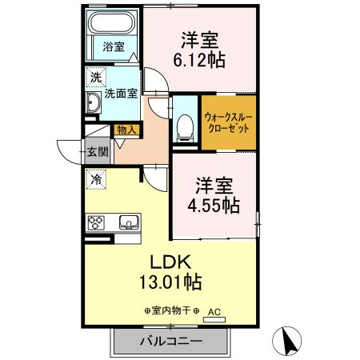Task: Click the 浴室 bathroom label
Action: pyautogui.click(x=114, y=47)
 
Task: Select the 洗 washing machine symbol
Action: pyautogui.click(x=96, y=78)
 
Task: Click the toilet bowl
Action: pyautogui.click(x=186, y=125)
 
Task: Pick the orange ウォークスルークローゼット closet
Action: pyautogui.click(x=229, y=122)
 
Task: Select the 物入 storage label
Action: pyautogui.click(x=126, y=129)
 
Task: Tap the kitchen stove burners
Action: pyautogui.click(x=97, y=222)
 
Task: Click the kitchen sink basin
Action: pyautogui.click(x=129, y=222)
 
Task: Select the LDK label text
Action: pyautogui.click(x=169, y=262)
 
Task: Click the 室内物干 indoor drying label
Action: pyautogui.click(x=172, y=310)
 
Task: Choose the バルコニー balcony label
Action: pyautogui.click(x=170, y=341)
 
